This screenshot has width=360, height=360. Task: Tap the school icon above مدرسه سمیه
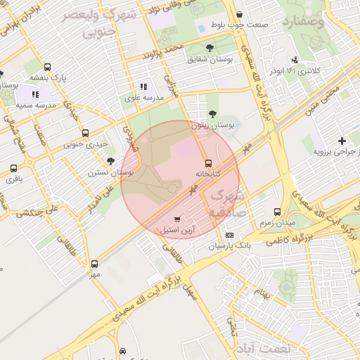point(35,94)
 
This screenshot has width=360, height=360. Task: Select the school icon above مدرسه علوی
point(144,86)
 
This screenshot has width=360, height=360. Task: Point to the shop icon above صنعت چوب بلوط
point(240,15)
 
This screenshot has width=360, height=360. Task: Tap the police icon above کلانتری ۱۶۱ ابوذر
point(295,60)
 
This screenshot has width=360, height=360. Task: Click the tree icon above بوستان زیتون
point(212,114)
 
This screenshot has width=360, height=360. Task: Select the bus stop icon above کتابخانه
point(207,162)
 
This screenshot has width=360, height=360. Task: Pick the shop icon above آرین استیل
point(176,220)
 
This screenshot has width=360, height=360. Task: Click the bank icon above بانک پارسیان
point(229,236)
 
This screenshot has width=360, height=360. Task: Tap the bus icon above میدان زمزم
point(277,212)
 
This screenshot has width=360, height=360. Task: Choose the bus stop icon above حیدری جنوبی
point(86,133)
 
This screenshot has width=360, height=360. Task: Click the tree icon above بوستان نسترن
point(110,161)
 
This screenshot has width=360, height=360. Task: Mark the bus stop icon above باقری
point(14,168)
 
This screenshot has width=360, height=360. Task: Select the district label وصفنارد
point(304,22)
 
